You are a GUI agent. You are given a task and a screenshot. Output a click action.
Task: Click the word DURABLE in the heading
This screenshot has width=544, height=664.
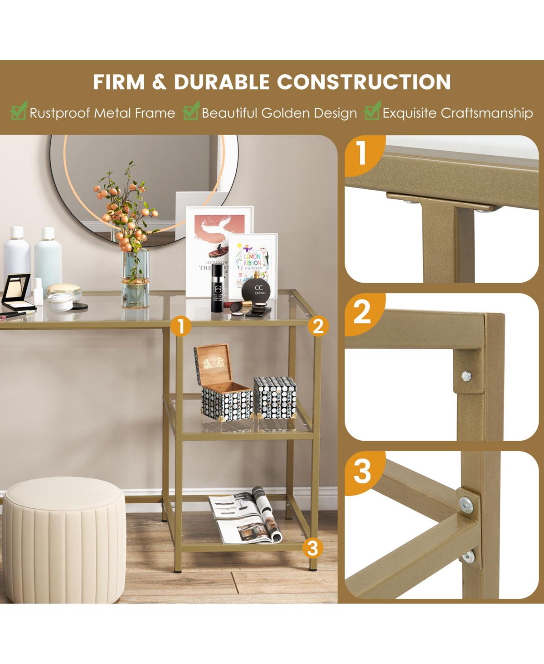pyautogui.click(x=222, y=82)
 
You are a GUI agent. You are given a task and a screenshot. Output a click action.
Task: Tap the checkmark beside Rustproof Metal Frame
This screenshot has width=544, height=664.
pyautogui.click(x=19, y=111)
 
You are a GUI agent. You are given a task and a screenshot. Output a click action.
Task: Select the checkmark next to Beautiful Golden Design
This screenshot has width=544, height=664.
pyautogui.click(x=191, y=111)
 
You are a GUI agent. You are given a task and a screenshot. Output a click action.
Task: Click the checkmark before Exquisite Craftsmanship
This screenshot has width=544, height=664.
pyautogui.click(x=372, y=111)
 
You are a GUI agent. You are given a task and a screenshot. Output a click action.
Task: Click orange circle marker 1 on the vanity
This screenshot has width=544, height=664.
pyautogui.click(x=181, y=326)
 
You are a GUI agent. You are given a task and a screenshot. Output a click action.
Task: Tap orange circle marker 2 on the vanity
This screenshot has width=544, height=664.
pyautogui.click(x=318, y=326)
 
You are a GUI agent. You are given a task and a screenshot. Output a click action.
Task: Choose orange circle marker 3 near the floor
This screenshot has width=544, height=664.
pyautogui.click(x=312, y=548)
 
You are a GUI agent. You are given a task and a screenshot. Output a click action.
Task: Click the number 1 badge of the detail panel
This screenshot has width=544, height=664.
pyautogui.click(x=362, y=153)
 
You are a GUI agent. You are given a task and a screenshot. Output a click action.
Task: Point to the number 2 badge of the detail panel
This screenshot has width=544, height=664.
pyautogui.click(x=362, y=311)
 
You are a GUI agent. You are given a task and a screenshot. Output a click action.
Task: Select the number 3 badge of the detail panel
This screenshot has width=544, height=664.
pyautogui.click(x=362, y=471)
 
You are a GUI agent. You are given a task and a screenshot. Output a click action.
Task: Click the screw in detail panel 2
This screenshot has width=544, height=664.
pyautogui.click(x=466, y=375)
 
